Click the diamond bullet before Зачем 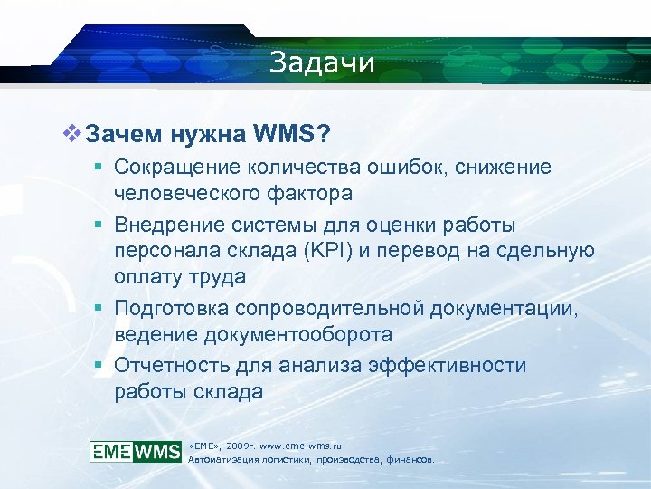[70, 134]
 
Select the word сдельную [553, 250]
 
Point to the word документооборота [298, 334]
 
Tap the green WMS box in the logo [158, 451]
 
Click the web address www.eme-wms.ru [297, 446]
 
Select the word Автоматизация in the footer [220, 460]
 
